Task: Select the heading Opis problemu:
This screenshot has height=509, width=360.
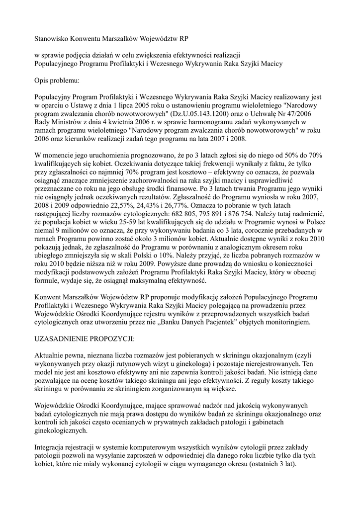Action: click(57, 80)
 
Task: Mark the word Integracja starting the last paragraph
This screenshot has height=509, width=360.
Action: click(52, 448)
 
